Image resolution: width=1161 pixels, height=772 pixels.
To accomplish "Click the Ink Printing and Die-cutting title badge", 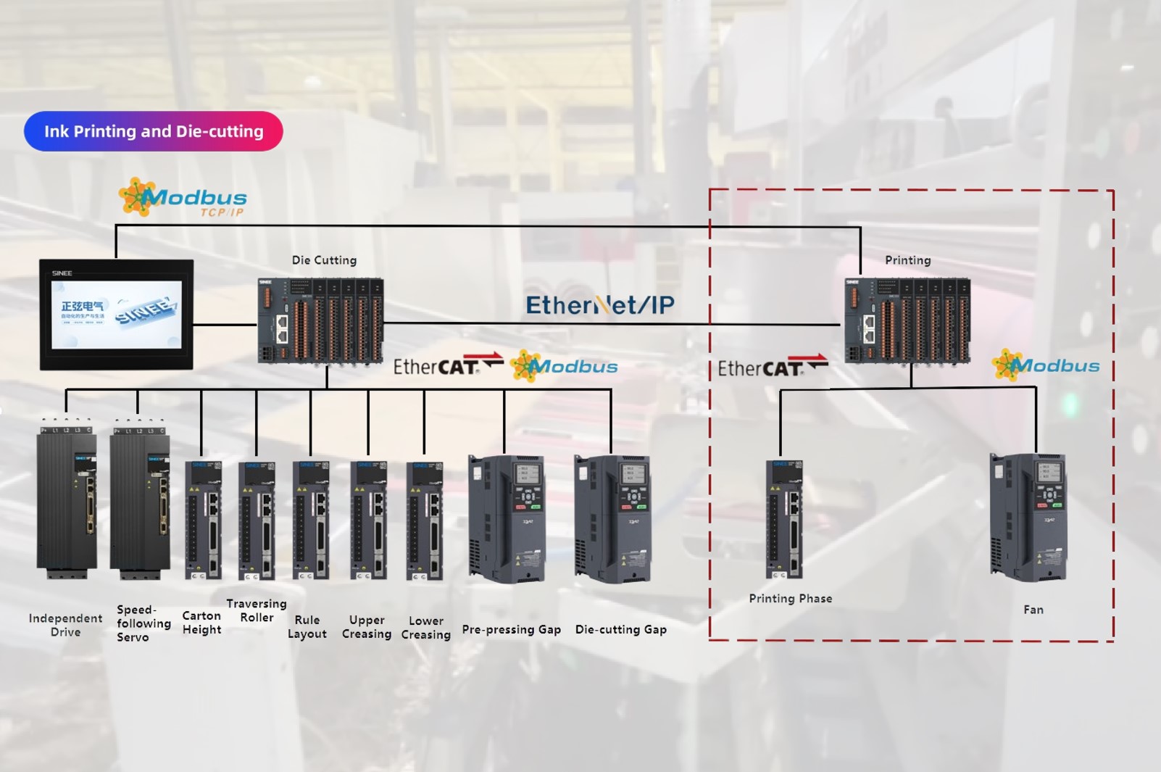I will pos(153,131).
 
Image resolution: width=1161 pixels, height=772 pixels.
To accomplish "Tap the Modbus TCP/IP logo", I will pos(183,198).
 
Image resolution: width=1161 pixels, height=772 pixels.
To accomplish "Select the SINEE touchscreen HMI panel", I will pos(116,314).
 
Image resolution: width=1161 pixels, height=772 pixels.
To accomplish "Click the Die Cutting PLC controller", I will pos(320,321).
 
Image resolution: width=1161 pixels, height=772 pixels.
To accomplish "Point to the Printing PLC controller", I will pos(907,321).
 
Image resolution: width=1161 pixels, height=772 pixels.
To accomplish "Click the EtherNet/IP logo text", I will pos(599,305).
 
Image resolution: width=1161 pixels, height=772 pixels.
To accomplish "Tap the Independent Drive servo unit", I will pos(66,500).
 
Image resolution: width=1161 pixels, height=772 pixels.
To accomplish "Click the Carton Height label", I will pos(201,623).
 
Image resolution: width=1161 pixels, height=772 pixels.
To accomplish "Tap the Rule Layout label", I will pos(307,627).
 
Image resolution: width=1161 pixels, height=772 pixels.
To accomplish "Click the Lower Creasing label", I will pos(425,628).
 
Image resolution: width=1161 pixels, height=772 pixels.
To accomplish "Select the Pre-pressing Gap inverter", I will pos(507,518).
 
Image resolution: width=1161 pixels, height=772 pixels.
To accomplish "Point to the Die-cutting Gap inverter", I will pos(612,518).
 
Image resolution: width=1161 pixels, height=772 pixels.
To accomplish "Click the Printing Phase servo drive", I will pos(784,519).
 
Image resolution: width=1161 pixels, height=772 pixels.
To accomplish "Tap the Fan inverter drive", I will pos(1028,517).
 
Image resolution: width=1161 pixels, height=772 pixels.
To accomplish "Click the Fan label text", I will pos(1033,610).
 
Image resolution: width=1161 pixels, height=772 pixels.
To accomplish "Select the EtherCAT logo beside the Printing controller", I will pos(772,367).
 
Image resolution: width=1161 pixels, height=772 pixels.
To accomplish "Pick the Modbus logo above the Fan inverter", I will pos(1046,365).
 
